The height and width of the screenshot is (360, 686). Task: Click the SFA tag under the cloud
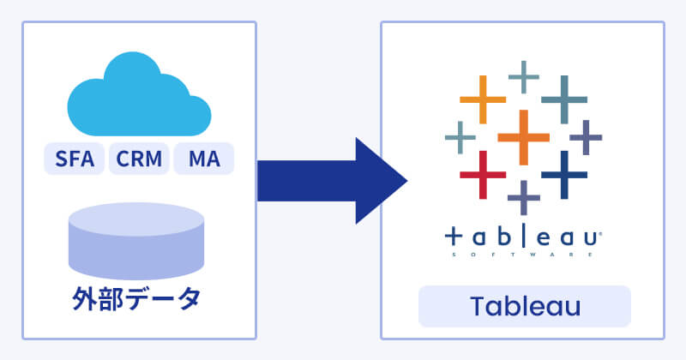pyautogui.click(x=75, y=159)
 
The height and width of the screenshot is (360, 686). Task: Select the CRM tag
pyautogui.click(x=138, y=159)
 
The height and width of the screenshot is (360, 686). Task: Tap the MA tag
pyautogui.click(x=203, y=159)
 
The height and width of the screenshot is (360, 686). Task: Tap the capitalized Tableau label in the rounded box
pyautogui.click(x=524, y=306)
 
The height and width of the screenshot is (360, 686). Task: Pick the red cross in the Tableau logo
pyautogui.click(x=482, y=175)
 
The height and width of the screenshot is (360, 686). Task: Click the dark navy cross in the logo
pyautogui.click(x=563, y=174)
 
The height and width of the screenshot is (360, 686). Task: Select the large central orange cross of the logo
pyautogui.click(x=522, y=136)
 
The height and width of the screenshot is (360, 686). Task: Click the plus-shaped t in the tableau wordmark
pyautogui.click(x=455, y=237)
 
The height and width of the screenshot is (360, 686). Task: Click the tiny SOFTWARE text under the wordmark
pyautogui.click(x=524, y=254)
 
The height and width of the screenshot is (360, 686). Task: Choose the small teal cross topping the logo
pyautogui.click(x=523, y=76)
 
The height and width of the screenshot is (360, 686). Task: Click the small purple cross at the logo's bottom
pyautogui.click(x=523, y=196)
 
